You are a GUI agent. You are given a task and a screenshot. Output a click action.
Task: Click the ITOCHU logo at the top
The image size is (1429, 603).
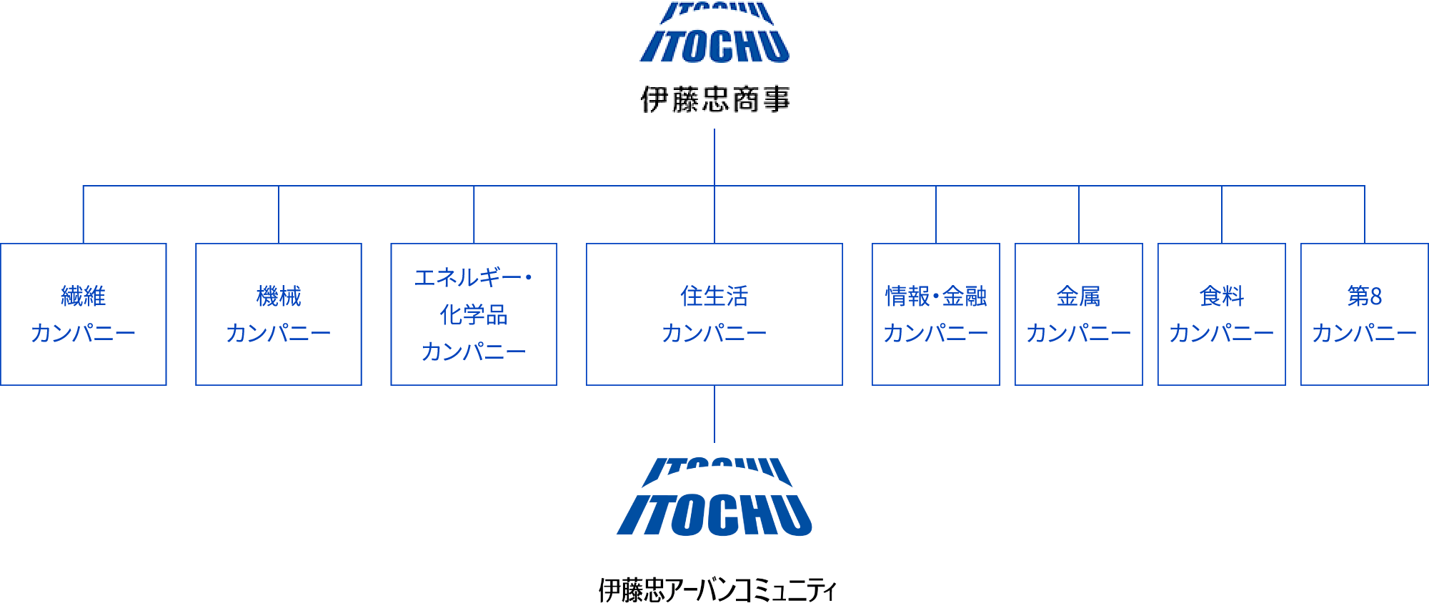pos(714,33)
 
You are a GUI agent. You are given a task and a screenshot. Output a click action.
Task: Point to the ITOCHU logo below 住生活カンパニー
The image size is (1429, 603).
pos(714,497)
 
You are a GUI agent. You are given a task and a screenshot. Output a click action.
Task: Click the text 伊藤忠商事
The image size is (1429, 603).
pos(715,99)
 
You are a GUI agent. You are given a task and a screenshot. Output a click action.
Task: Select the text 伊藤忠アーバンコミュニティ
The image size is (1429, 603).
pos(717,590)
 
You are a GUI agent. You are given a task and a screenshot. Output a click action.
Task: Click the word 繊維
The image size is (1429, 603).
pos(84,296)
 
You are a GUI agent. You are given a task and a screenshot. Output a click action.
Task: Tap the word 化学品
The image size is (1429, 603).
pos(474,314)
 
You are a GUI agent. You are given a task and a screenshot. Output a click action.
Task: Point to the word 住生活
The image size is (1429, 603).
pos(714,296)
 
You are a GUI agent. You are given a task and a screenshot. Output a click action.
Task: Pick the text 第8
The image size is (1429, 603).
pos(1365,296)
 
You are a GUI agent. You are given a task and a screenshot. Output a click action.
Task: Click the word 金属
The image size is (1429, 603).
pos(1079,296)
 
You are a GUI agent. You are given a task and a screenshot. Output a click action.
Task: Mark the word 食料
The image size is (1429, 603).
pos(1222,296)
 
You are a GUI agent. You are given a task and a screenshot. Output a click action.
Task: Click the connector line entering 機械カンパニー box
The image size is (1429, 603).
pos(279,214)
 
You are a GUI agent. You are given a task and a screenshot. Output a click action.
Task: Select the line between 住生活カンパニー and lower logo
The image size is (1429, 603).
pos(714,414)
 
